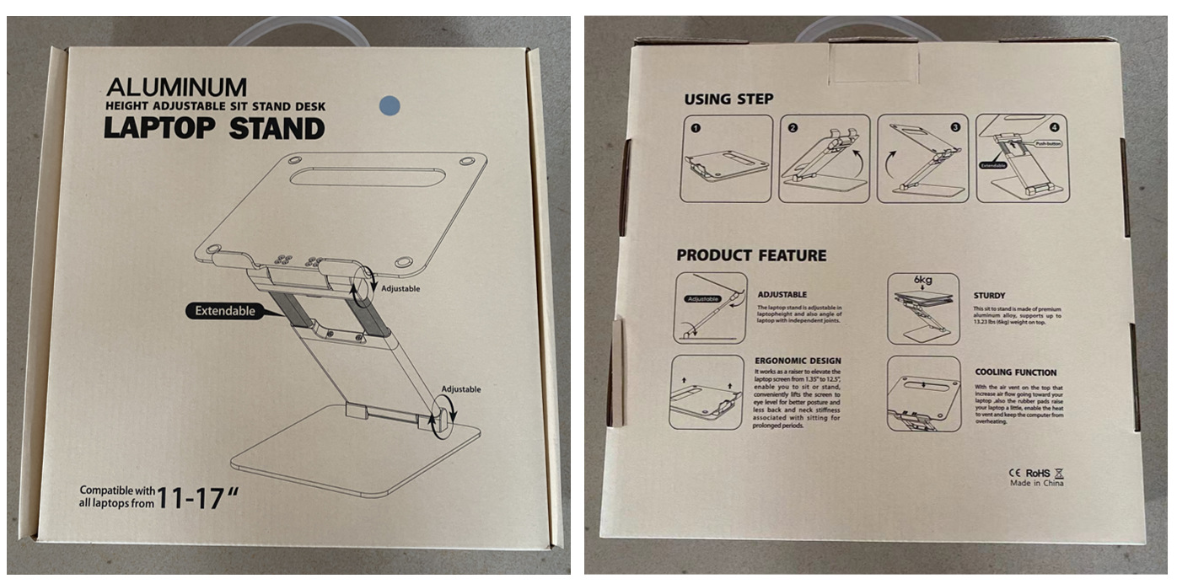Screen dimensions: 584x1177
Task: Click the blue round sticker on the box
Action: pyautogui.click(x=390, y=105)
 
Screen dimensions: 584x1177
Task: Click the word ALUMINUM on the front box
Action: pyautogui.click(x=177, y=87)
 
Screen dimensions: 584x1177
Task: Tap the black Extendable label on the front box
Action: pyautogui.click(x=224, y=311)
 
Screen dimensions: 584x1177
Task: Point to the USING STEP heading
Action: pyautogui.click(x=728, y=99)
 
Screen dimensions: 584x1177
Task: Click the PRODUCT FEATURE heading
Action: pyautogui.click(x=750, y=255)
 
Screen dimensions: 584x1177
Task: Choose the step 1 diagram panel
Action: pyautogui.click(x=726, y=159)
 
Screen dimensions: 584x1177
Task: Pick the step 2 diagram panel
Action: pyautogui.click(x=823, y=159)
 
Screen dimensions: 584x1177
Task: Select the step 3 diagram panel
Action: pyautogui.click(x=922, y=159)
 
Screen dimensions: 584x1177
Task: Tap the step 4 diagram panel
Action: pyautogui.click(x=1021, y=159)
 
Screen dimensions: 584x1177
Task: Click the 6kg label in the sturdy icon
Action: pyautogui.click(x=922, y=281)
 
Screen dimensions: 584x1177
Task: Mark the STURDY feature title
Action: pyautogui.click(x=989, y=296)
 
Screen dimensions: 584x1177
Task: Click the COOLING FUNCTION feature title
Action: pyautogui.click(x=1015, y=372)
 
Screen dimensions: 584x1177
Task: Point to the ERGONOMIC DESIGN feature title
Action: pyautogui.click(x=797, y=361)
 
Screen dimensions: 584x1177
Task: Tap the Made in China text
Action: pyautogui.click(x=1036, y=483)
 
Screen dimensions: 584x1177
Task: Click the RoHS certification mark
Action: pyautogui.click(x=1037, y=473)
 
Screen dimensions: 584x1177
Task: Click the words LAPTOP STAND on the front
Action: pyautogui.click(x=214, y=129)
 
